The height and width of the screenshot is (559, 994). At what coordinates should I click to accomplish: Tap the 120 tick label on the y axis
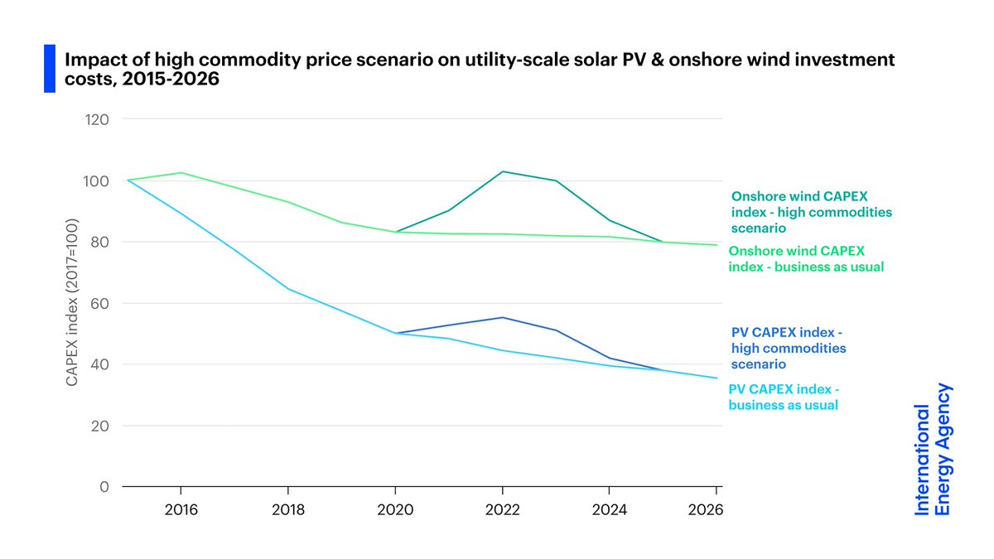tap(99, 119)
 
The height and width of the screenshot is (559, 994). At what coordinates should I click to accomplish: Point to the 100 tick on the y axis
tap(99, 181)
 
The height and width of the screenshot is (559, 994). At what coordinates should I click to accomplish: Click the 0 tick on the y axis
tap(105, 487)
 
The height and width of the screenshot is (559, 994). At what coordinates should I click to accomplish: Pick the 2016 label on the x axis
tap(181, 509)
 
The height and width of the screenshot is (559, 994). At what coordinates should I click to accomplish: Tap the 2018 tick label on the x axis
tap(287, 509)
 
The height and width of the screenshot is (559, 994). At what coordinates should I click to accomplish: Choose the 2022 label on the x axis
tap(502, 509)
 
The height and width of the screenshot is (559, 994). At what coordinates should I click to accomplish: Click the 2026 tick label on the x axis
tap(706, 509)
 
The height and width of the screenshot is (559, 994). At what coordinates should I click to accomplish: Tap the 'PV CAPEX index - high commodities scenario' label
tap(788, 349)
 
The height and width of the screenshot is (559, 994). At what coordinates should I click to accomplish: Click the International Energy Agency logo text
tap(933, 449)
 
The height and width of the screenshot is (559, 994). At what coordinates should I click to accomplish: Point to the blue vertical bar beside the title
tap(49, 69)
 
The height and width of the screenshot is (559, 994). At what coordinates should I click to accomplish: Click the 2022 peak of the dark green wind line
tap(502, 171)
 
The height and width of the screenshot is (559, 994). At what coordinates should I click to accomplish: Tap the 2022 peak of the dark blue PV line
tap(502, 317)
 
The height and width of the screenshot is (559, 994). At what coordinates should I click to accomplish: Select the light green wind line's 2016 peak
tap(181, 173)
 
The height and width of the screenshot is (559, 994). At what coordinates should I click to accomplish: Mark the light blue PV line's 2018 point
tap(287, 289)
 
